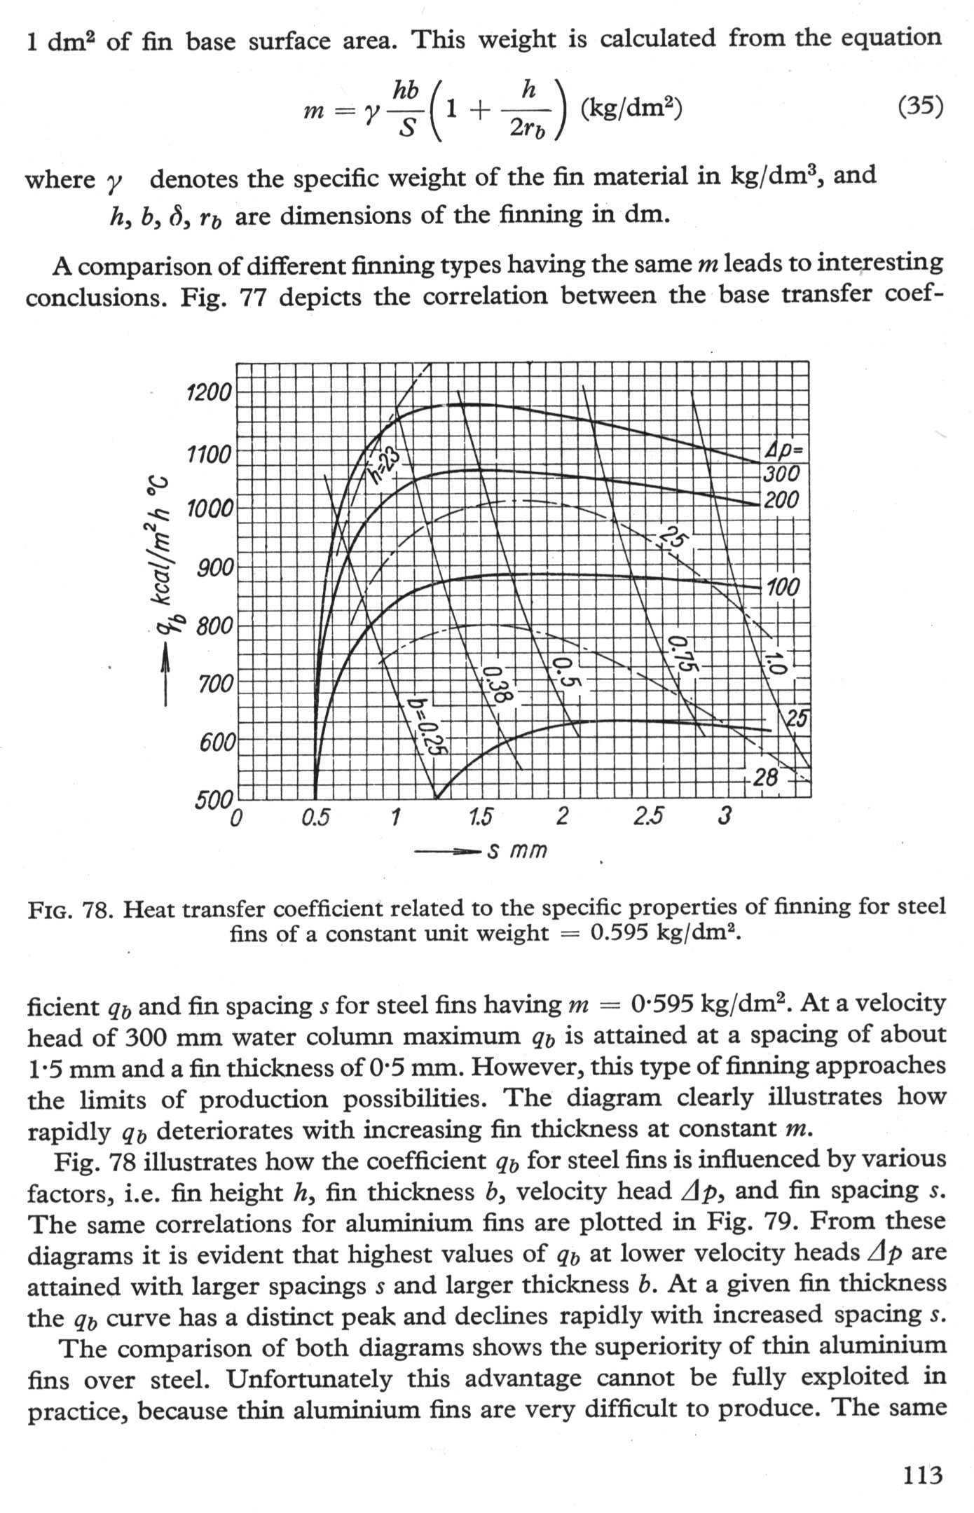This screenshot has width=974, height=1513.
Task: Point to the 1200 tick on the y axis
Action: click(208, 392)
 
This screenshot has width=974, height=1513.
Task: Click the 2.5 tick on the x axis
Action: click(648, 817)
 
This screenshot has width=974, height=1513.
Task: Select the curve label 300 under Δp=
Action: click(781, 474)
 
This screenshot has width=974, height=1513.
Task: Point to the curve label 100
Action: click(783, 587)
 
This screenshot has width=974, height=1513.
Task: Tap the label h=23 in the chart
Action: click(385, 467)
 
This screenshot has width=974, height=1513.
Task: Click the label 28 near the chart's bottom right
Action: click(765, 777)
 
